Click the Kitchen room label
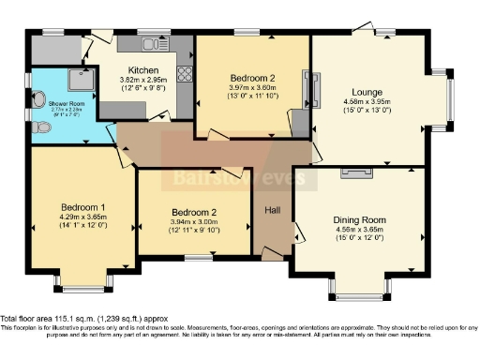point(143,70)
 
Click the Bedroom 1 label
point(83,207)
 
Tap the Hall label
point(272,208)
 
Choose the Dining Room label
point(360,220)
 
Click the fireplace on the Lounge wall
point(312,90)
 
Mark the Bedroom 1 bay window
point(83,278)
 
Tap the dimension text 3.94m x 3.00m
point(195,221)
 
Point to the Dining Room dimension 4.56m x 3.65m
point(360,231)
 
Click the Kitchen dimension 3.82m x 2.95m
point(143,81)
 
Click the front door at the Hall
point(272,254)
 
